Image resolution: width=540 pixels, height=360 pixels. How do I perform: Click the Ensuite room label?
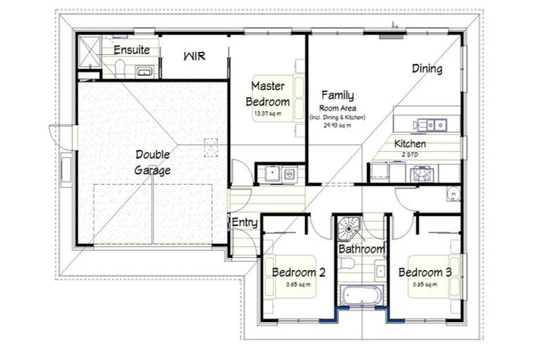(131, 50)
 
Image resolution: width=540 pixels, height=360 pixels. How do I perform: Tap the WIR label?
(194, 56)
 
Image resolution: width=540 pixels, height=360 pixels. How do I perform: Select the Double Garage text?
(153, 162)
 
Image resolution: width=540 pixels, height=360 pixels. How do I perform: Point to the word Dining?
(427, 69)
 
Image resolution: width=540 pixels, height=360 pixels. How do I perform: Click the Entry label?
(245, 223)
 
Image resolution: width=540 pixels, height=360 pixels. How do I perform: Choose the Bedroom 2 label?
(298, 273)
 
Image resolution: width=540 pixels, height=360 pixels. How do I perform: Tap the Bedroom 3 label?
(425, 273)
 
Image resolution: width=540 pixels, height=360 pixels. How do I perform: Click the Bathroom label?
(361, 250)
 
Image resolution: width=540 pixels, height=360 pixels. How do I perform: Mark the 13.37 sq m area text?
(267, 113)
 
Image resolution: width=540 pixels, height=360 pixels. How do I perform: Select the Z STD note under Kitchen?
(410, 153)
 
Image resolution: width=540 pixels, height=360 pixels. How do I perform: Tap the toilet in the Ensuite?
(120, 68)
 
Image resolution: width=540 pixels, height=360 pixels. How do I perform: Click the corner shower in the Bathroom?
(347, 226)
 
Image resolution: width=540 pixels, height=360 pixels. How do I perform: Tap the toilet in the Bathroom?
(345, 263)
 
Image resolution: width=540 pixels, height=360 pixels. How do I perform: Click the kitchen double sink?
(429, 125)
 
